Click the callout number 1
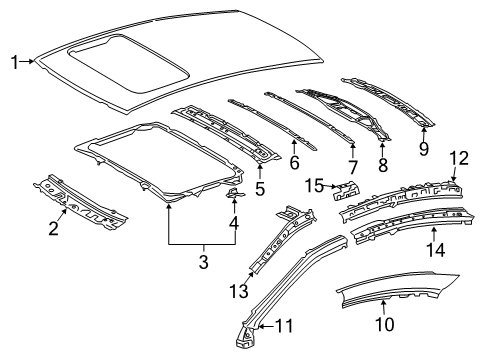click(14, 62)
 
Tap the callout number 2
click(54, 228)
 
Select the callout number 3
click(204, 262)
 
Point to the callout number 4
click(234, 223)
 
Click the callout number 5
click(260, 189)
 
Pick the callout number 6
click(294, 162)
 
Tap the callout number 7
click(353, 167)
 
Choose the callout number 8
click(383, 165)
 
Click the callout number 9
click(424, 149)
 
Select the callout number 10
click(385, 324)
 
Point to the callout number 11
click(284, 326)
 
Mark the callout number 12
click(459, 158)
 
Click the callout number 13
click(239, 291)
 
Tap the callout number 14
click(436, 250)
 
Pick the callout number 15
click(315, 186)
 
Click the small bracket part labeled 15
click(347, 190)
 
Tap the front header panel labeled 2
click(80, 202)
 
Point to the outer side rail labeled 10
click(397, 289)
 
